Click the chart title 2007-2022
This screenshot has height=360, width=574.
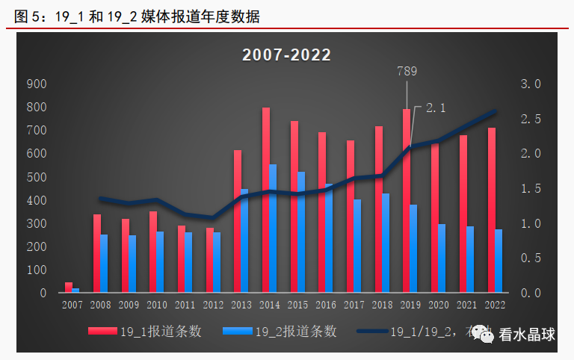pyautogui.click(x=286, y=55)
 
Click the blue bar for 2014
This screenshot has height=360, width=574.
pyautogui.click(x=274, y=228)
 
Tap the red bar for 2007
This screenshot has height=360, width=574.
pyautogui.click(x=69, y=287)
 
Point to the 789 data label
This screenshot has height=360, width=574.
pyautogui.click(x=406, y=72)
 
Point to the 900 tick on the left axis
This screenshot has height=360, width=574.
pyautogui.click(x=36, y=84)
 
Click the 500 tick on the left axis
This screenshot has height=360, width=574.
pyautogui.click(x=36, y=177)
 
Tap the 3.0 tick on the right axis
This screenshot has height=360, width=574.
pyautogui.click(x=531, y=84)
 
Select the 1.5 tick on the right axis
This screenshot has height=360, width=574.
pyautogui.click(x=531, y=189)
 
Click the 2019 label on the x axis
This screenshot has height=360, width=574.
pyautogui.click(x=410, y=305)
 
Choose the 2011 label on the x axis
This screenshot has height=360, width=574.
pyautogui.click(x=185, y=305)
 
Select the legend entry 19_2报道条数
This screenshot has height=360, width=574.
pyautogui.click(x=295, y=332)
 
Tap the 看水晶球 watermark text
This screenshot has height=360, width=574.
pyautogui.click(x=528, y=335)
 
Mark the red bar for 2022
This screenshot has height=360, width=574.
pyautogui.click(x=491, y=210)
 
